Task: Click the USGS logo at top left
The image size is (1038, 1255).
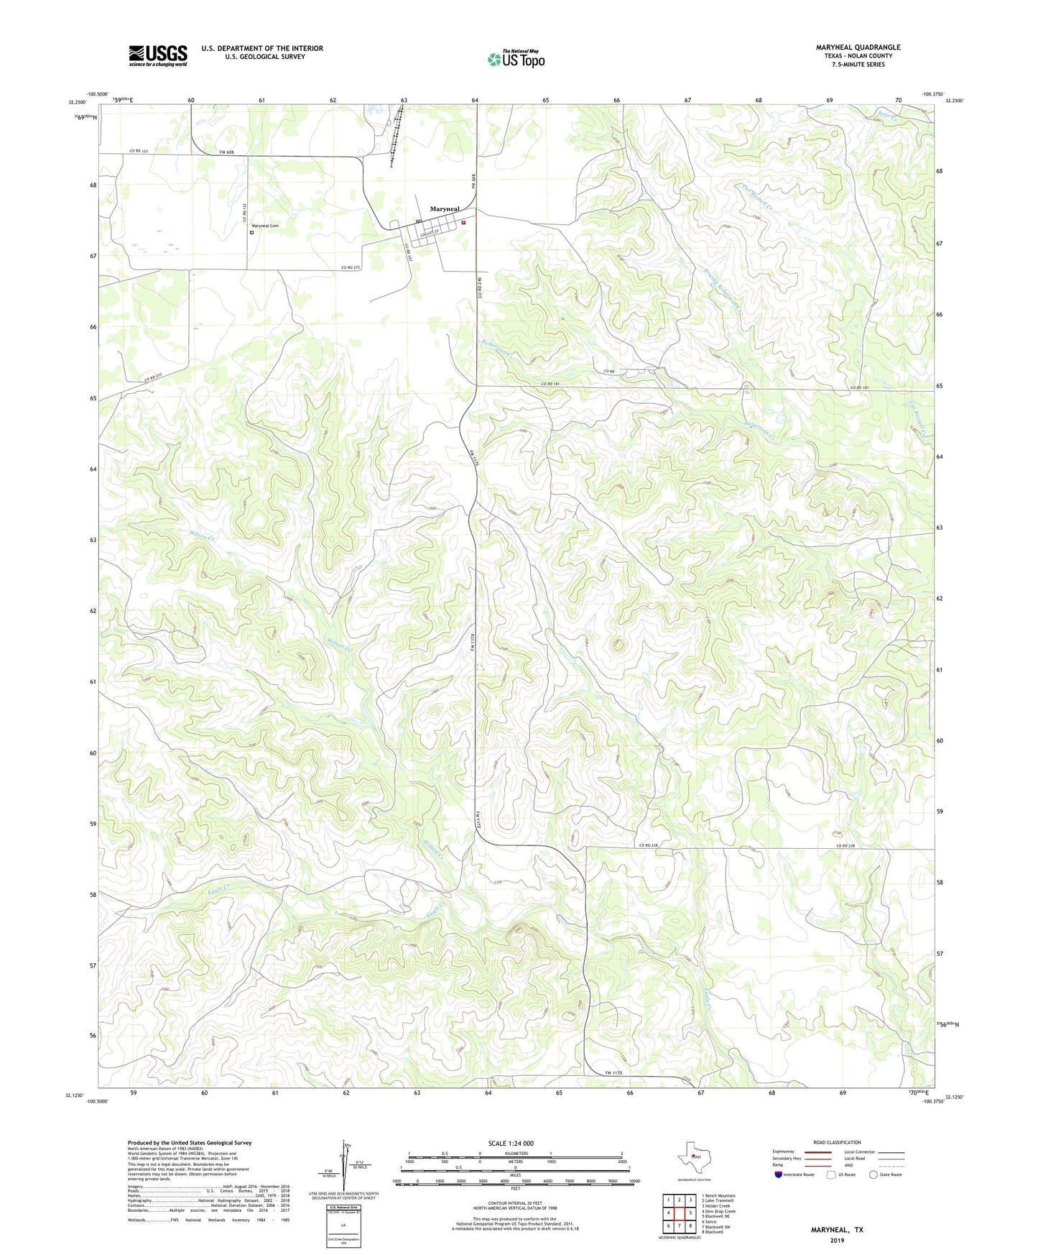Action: tap(158, 55)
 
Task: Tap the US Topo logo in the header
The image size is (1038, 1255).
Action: tap(516, 59)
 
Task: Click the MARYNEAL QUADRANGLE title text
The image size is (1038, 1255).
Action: tap(858, 47)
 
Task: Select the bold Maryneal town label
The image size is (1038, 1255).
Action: tap(445, 209)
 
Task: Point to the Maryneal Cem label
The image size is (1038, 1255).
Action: tap(265, 226)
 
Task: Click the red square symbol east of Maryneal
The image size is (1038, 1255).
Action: tap(464, 223)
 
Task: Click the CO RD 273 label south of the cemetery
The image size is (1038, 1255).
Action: tap(351, 267)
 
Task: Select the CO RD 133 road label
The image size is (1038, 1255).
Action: tap(139, 151)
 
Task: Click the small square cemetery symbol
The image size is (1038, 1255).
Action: tap(252, 232)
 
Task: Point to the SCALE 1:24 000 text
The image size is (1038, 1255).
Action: tap(511, 1144)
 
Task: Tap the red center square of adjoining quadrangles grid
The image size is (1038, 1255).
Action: tap(679, 1213)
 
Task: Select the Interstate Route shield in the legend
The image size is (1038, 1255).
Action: tap(779, 1174)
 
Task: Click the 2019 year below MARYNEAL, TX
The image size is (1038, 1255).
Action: tap(837, 1240)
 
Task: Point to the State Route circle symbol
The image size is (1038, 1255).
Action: tap(874, 1174)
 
